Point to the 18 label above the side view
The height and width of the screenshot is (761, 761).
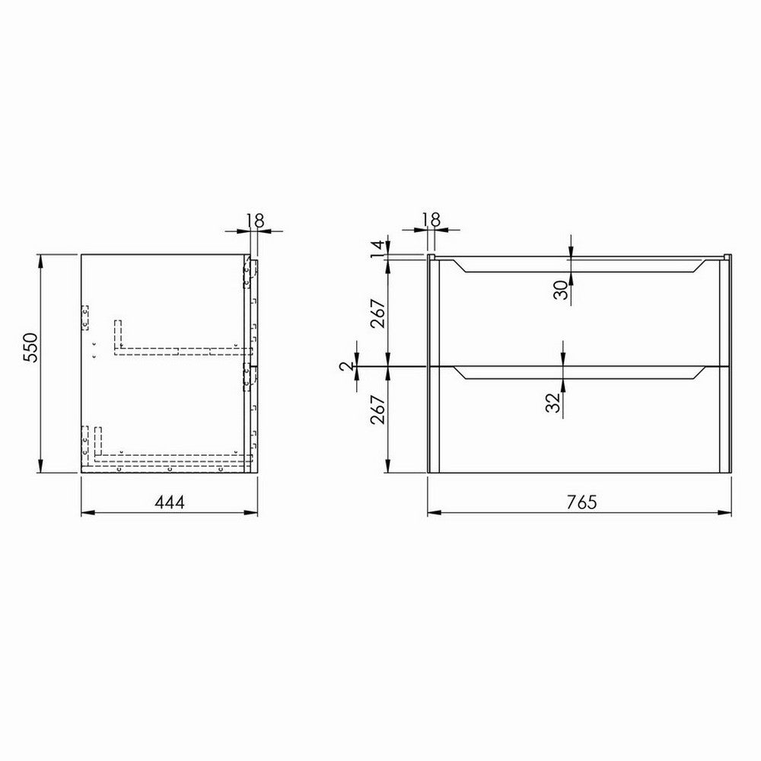(x=254, y=221)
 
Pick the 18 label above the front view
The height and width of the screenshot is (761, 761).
(x=431, y=219)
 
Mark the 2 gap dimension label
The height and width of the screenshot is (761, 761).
(x=348, y=367)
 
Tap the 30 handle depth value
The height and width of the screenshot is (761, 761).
(x=561, y=289)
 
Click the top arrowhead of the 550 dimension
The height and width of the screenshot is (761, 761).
(x=40, y=260)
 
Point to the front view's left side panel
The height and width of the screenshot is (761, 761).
(x=432, y=365)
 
